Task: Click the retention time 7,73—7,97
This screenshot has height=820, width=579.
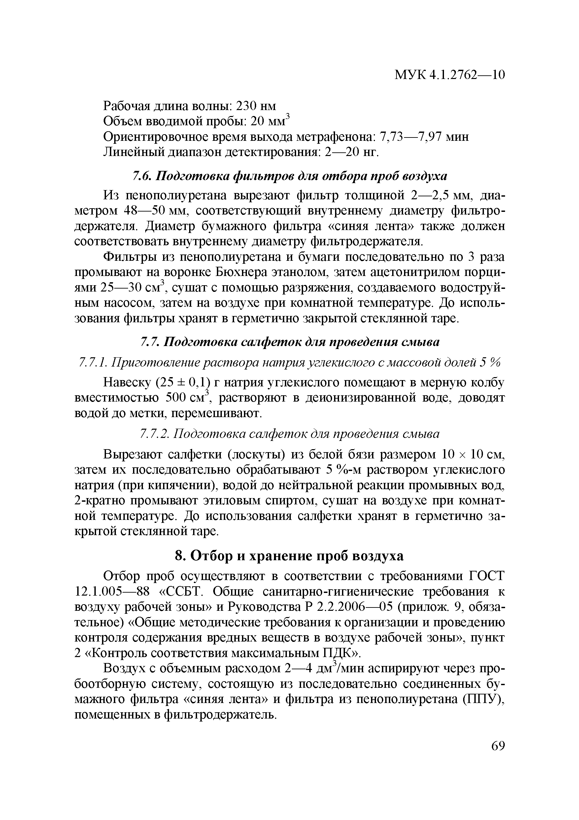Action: coord(410,137)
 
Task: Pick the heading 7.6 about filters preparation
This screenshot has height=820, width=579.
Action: coord(289,176)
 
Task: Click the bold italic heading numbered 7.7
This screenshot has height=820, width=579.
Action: coord(289,342)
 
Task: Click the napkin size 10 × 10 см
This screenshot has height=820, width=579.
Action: coord(472,455)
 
